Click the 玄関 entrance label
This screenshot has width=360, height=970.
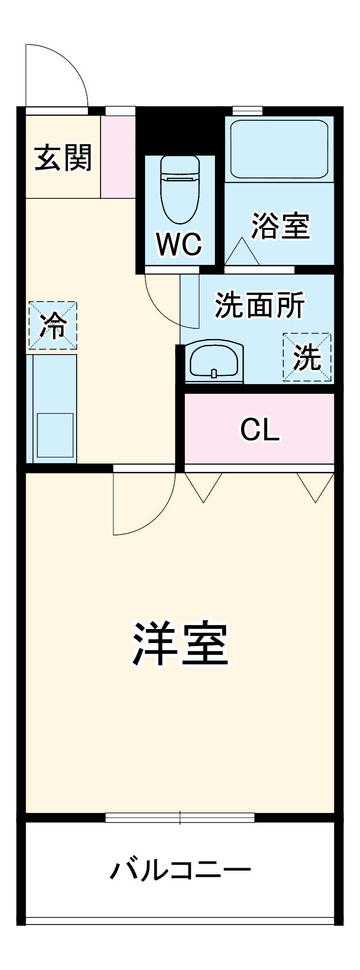pyautogui.click(x=63, y=158)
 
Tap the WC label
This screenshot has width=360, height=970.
pyautogui.click(x=179, y=244)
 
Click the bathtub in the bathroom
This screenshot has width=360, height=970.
pyautogui.click(x=279, y=149)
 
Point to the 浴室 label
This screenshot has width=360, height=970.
pyautogui.click(x=280, y=226)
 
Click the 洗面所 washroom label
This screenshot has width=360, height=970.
pyautogui.click(x=260, y=305)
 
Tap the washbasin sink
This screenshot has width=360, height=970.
pyautogui.click(x=213, y=360)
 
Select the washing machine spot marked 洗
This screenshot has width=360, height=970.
pyautogui.click(x=307, y=357)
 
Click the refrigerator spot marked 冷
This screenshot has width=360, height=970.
pyautogui.click(x=53, y=325)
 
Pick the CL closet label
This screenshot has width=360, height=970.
pyautogui.click(x=260, y=429)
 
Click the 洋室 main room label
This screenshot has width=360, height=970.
pyautogui.click(x=180, y=643)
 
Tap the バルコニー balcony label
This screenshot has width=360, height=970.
pyautogui.click(x=180, y=870)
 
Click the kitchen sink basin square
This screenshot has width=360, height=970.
pyautogui.click(x=55, y=435)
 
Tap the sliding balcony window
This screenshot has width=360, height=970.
pyautogui.click(x=180, y=818)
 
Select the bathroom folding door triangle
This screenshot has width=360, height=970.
pyautogui.click(x=242, y=252)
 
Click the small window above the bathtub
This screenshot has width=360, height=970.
pyautogui.click(x=247, y=111)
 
